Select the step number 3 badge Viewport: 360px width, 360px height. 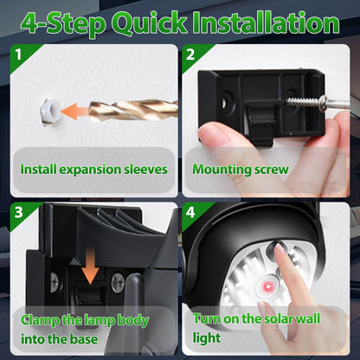(16, 213)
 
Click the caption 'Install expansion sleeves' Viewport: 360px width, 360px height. (93, 170)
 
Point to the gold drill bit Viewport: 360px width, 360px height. (138, 111)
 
